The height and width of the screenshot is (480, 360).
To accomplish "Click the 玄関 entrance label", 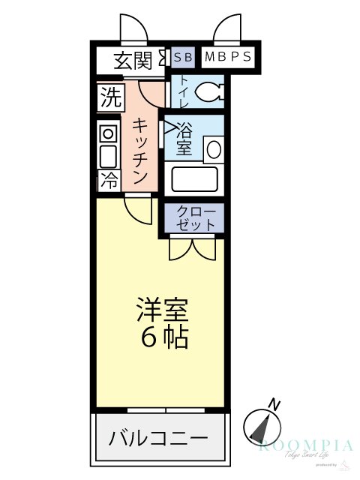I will point(133,59).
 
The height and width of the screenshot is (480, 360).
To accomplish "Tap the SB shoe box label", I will point(182,57).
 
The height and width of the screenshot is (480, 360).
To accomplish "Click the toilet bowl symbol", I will point(209,92).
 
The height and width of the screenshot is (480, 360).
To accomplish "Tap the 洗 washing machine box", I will point(109,97).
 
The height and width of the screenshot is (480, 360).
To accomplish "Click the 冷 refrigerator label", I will point(109,180).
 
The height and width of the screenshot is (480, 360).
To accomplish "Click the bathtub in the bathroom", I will point(195,178).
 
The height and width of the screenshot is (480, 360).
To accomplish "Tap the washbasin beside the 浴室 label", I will point(214,148).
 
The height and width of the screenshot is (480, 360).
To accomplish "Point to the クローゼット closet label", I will point(196,217).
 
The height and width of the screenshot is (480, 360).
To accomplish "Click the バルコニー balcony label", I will point(157,437).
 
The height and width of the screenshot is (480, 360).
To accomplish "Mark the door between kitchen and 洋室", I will point(139,208).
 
